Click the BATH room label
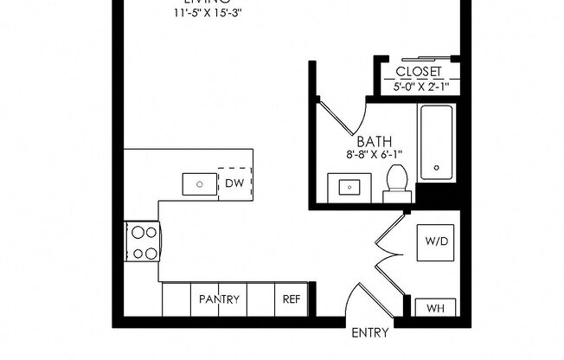pos(375,141)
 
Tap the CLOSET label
pos(419,72)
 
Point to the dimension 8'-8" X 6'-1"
pos(375,156)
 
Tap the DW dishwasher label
pos(234,183)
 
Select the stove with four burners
pos(144,242)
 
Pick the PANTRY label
pos(219,299)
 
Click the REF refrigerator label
pos(291,299)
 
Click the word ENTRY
pos(369,333)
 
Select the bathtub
pos(437,143)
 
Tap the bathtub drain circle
pos(437,168)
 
